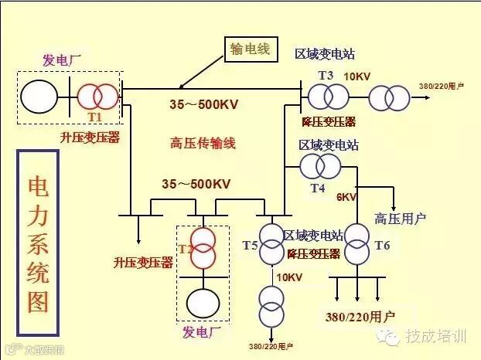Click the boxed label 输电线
pos(249,49)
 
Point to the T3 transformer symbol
pos(327,97)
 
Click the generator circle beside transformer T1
pos(38,96)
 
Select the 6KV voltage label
pos(346,197)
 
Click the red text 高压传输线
pos(203,143)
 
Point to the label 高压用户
pos(401,219)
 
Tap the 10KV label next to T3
pos(356,76)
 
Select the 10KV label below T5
pos(288,277)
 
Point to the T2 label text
pos(185,249)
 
